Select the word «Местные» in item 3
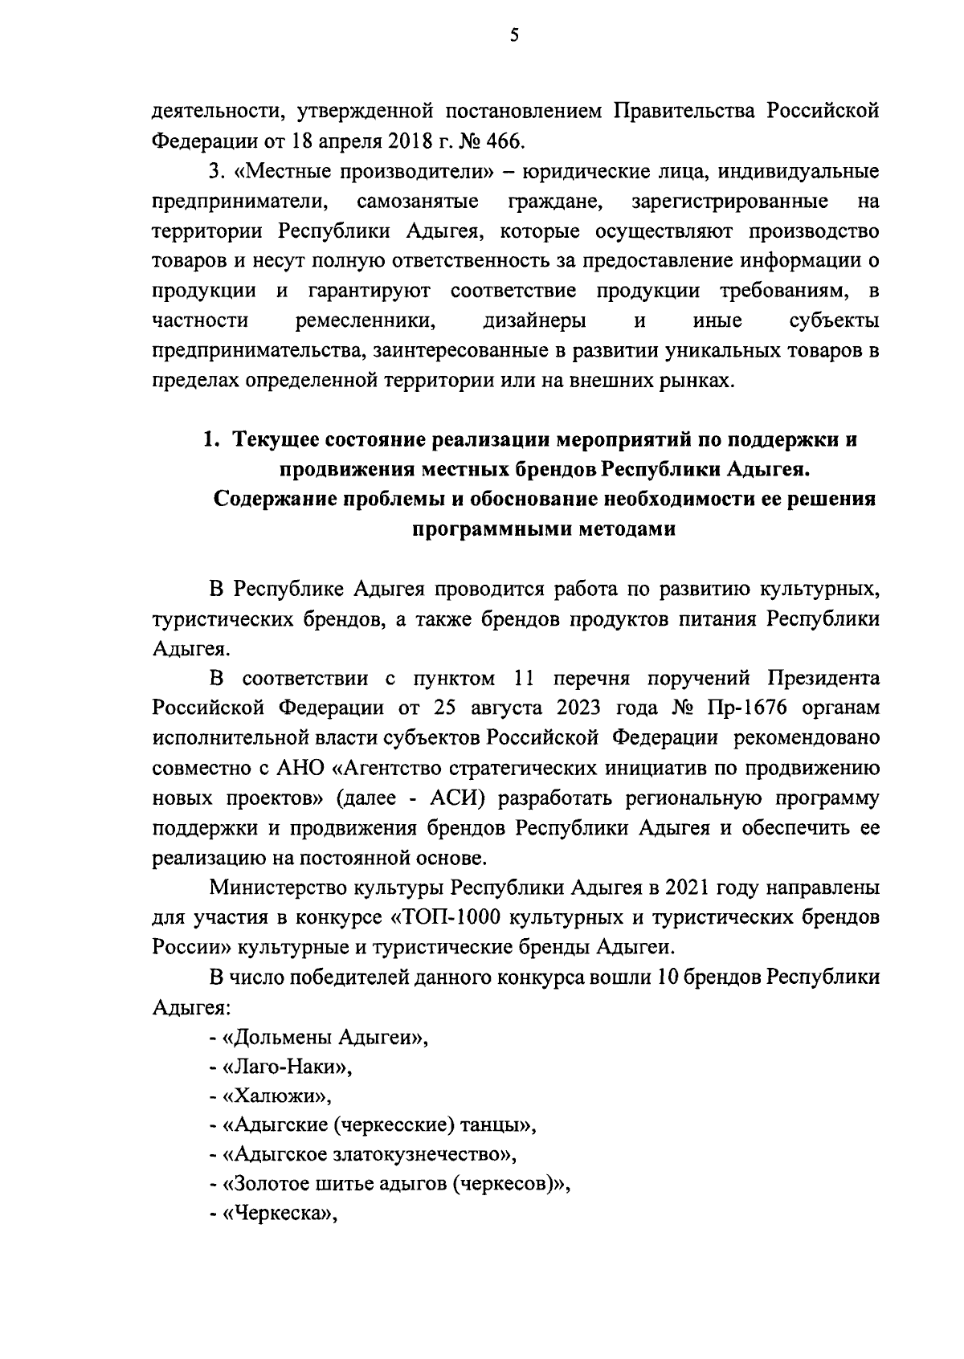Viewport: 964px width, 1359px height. [x=283, y=172]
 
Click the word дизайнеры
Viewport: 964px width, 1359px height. [x=534, y=321]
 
